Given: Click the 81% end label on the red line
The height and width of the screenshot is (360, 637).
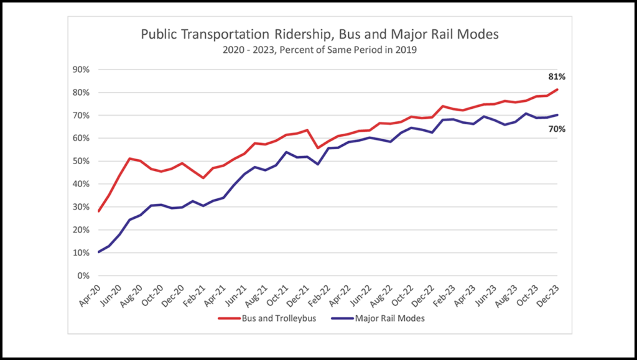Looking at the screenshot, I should pyautogui.click(x=556, y=76).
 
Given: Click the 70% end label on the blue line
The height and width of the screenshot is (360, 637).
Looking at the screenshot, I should pyautogui.click(x=556, y=129).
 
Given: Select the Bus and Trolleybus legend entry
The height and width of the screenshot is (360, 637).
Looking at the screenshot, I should pyautogui.click(x=266, y=318).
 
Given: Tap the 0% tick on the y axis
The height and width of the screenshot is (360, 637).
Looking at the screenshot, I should pyautogui.click(x=84, y=275).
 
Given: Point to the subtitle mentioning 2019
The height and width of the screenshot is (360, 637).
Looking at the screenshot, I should pyautogui.click(x=319, y=50).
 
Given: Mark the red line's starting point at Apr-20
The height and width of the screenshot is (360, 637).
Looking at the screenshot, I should pyautogui.click(x=99, y=211).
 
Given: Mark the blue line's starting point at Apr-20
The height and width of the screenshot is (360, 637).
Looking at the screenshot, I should pyautogui.click(x=99, y=252).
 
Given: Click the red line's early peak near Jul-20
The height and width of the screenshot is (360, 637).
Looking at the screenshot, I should pyautogui.click(x=129, y=159).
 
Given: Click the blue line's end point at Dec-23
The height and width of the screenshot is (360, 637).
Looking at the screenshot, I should pyautogui.click(x=557, y=114).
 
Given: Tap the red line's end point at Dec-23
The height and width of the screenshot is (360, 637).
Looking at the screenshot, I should pyautogui.click(x=557, y=90).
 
